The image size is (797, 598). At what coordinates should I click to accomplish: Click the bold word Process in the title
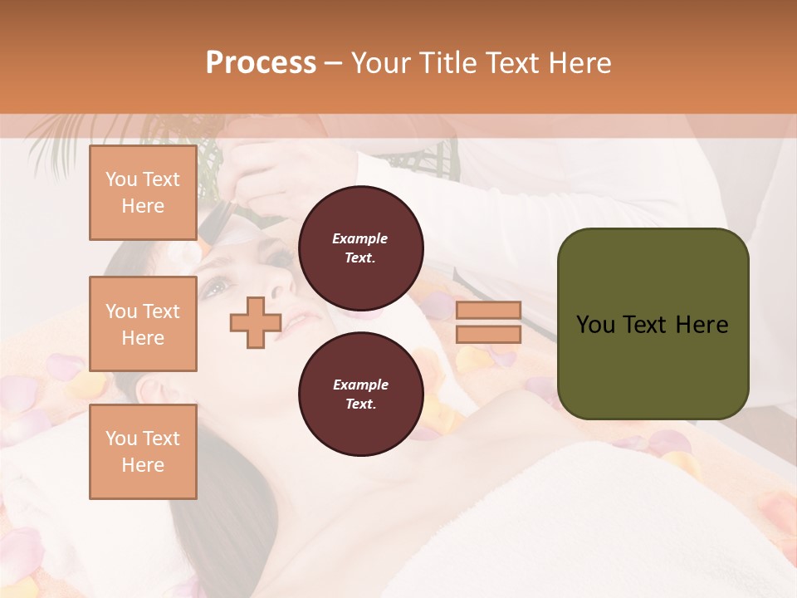click(x=261, y=63)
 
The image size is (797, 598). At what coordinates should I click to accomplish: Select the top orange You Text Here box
click(x=143, y=193)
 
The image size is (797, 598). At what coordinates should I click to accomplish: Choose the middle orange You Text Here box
click(x=143, y=324)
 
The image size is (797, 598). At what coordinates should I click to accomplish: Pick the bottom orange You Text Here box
click(x=143, y=451)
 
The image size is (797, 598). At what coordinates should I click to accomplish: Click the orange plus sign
click(x=255, y=322)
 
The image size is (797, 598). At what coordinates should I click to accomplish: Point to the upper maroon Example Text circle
click(x=360, y=248)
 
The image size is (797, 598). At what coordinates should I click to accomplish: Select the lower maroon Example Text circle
click(x=360, y=395)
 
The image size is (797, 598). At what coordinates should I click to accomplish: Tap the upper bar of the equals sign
click(x=489, y=310)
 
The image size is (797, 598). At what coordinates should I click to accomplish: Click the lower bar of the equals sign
click(x=489, y=334)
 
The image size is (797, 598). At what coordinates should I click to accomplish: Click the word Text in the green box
click(x=643, y=325)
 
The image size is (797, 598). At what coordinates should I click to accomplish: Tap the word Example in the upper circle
click(x=360, y=238)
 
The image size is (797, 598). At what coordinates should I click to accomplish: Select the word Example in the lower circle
click(x=360, y=385)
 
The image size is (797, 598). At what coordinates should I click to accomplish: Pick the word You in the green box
click(x=594, y=325)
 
